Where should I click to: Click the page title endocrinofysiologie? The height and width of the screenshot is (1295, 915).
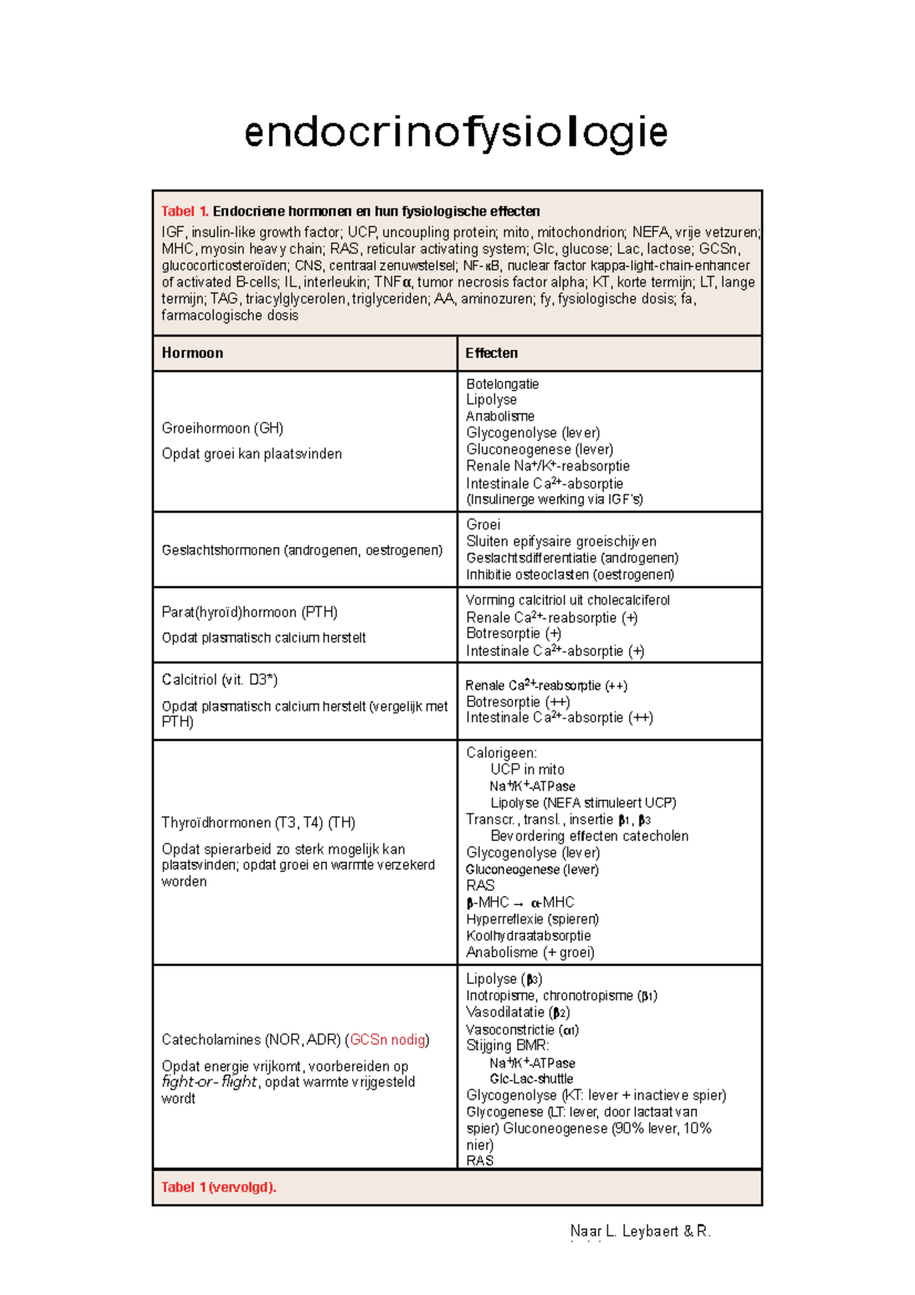click(456, 133)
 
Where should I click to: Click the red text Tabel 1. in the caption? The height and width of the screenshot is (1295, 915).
click(185, 211)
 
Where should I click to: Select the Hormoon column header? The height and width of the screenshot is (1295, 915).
click(192, 353)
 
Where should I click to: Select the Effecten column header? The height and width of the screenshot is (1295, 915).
click(492, 353)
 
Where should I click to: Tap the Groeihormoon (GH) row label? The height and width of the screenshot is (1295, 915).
click(223, 429)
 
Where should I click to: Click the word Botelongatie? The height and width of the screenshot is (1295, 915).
click(502, 384)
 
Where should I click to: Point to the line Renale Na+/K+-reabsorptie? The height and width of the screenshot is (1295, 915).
click(547, 466)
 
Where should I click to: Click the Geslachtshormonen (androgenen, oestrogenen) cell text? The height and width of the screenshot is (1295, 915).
click(302, 550)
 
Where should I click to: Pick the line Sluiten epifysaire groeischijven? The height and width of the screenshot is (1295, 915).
click(561, 541)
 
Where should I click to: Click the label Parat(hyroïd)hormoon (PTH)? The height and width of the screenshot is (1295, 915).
click(249, 612)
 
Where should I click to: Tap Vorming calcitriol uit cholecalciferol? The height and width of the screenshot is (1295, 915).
click(567, 600)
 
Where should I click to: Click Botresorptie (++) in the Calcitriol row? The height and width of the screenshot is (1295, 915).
click(518, 702)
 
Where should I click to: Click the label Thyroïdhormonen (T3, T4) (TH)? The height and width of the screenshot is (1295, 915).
click(258, 823)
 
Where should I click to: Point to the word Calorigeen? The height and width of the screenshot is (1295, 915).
click(501, 753)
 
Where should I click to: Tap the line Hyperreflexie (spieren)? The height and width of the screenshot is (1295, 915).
click(532, 919)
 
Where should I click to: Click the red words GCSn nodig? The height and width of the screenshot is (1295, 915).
click(387, 1040)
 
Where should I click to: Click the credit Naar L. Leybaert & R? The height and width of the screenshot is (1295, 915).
click(640, 1231)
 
